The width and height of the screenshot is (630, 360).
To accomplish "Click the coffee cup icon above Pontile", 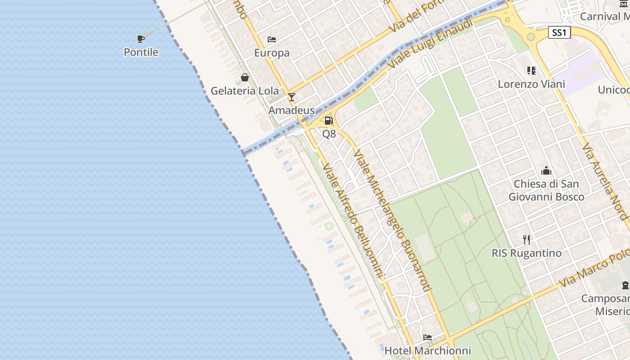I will [x=141, y=39].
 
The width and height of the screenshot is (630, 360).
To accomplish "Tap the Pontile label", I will [x=141, y=52].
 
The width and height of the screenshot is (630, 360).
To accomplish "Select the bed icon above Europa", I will [x=272, y=40].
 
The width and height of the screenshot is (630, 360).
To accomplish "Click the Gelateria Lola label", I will [x=245, y=91].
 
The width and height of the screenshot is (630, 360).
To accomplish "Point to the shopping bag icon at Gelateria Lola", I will [x=245, y=77].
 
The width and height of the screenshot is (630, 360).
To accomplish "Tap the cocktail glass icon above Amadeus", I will [x=292, y=97].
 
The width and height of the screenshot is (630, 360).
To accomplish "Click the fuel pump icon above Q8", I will [x=329, y=120].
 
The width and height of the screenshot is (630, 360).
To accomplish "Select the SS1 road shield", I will [x=560, y=32].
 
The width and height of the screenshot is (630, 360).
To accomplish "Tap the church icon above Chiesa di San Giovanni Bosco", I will [x=546, y=171].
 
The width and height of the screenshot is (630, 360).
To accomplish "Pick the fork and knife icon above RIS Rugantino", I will [x=526, y=239].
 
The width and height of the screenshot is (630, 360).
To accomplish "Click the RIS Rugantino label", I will [x=526, y=253].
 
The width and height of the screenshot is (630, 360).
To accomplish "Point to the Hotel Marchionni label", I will [x=427, y=351].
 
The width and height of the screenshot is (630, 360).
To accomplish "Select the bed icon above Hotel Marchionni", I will [x=427, y=337].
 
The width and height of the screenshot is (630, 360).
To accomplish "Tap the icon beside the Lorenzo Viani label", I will [x=531, y=71].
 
